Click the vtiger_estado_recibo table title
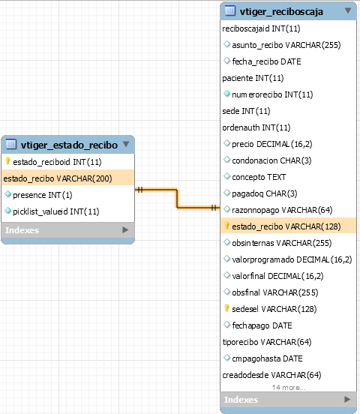pyautogui.click(x=69, y=145)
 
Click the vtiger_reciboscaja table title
pyautogui.click(x=281, y=11)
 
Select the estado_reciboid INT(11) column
pyautogui.click(x=57, y=162)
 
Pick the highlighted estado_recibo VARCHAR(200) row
pyautogui.click(x=68, y=178)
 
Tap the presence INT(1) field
pyautogui.click(x=42, y=195)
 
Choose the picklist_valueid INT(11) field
pyautogui.click(x=56, y=211)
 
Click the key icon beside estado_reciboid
pyautogui.click(x=7, y=160)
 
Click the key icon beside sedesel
pyautogui.click(x=226, y=307)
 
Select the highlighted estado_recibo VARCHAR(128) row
pyautogui.click(x=288, y=226)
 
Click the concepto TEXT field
pyautogui.click(x=259, y=177)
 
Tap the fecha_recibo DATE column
pyautogui.click(x=266, y=61)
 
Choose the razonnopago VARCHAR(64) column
pyautogui.click(x=282, y=210)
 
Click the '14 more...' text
pyautogui.click(x=289, y=387)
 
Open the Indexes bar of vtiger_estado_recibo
pyautogui.click(x=68, y=230)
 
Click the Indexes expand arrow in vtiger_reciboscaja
pyautogui.click(x=347, y=399)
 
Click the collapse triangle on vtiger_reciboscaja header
pyautogui.click(x=348, y=10)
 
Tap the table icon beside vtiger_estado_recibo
pyautogui.click(x=11, y=144)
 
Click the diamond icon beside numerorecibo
pyautogui.click(x=226, y=93)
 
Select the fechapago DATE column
pyautogui.click(x=262, y=325)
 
